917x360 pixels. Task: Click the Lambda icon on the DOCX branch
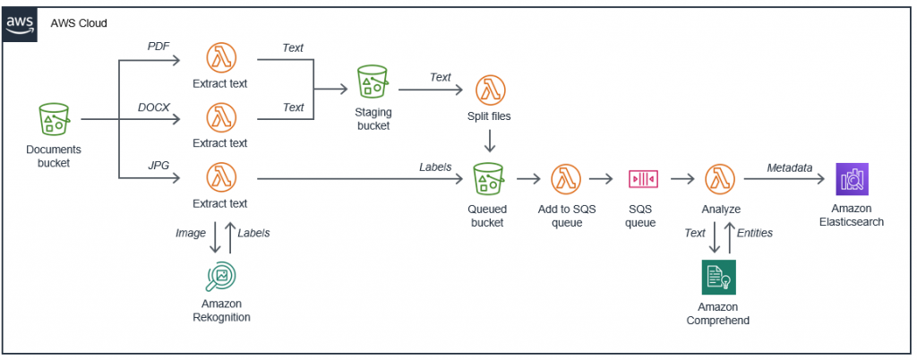[x=219, y=118]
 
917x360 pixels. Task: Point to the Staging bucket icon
[x=372, y=81]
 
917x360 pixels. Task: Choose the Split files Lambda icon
[x=489, y=90]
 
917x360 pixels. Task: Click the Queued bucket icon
[x=489, y=179]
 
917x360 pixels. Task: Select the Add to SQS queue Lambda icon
[x=566, y=179]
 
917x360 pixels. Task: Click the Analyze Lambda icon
[x=720, y=179]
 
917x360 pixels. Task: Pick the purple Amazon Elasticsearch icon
[x=851, y=179]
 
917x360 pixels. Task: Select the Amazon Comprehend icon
[x=718, y=278]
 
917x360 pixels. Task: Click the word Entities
[x=755, y=232]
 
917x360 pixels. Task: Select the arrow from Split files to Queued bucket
[x=489, y=141]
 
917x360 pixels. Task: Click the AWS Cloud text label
[x=79, y=22]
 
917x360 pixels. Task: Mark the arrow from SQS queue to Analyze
[x=681, y=179]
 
